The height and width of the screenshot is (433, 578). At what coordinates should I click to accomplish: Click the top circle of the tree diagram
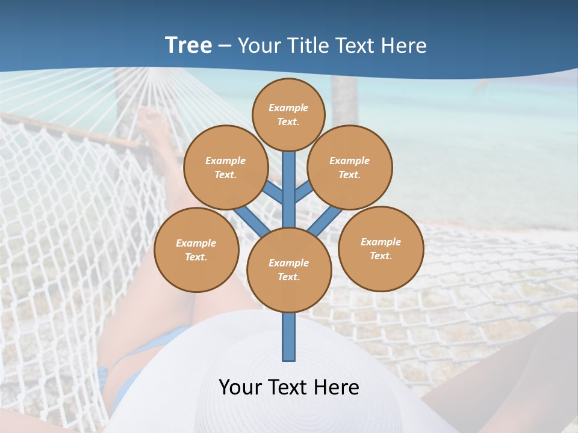click(x=288, y=114)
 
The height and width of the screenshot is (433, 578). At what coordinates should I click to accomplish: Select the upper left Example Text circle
click(x=226, y=167)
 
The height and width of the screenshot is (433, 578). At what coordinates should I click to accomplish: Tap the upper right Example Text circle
click(x=350, y=167)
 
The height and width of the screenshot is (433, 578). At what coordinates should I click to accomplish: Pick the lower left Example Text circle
click(x=196, y=250)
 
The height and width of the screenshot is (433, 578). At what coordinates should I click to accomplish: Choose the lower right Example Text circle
click(x=381, y=248)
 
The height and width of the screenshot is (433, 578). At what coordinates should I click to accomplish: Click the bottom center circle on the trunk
click(x=289, y=270)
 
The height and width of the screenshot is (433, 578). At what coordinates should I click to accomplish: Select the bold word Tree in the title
click(x=188, y=45)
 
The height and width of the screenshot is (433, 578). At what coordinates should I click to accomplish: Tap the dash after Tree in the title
click(x=225, y=46)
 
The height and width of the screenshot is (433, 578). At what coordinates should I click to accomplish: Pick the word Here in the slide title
click(x=406, y=46)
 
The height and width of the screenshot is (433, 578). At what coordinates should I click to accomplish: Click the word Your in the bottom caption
click(x=240, y=387)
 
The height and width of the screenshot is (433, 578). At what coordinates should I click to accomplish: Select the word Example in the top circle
click(x=288, y=108)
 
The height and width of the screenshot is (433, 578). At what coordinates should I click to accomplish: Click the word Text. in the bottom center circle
click(x=289, y=277)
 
